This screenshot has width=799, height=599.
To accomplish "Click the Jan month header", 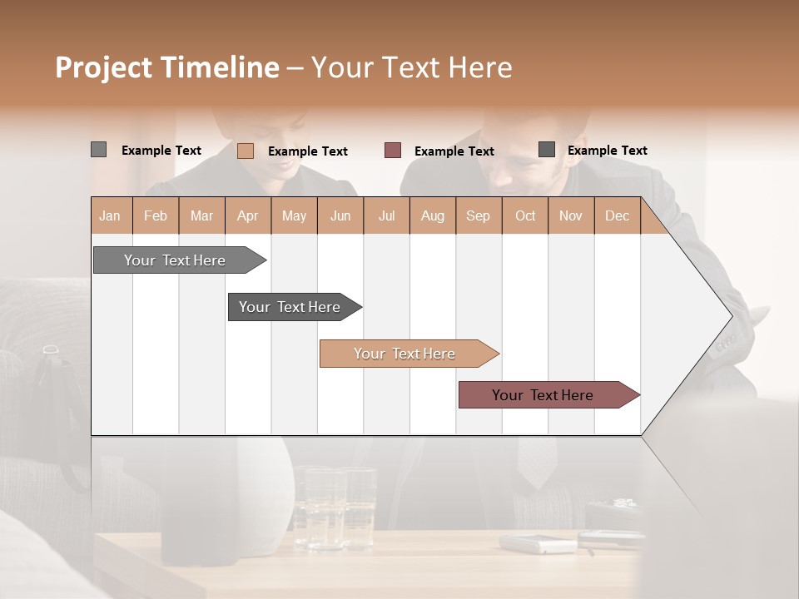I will (x=111, y=215).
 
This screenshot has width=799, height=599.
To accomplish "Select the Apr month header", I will (x=248, y=215).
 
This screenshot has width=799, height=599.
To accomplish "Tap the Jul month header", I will (x=387, y=215).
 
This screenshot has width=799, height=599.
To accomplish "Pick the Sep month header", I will (x=479, y=215).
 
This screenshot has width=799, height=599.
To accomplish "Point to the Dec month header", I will (x=617, y=215).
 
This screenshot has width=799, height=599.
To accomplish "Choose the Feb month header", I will (x=156, y=215).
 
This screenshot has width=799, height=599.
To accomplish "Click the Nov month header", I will (x=571, y=215).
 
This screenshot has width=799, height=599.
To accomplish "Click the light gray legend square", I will (x=99, y=150).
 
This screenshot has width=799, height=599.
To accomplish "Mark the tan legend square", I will (x=246, y=151).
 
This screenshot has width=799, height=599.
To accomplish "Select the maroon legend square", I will (x=393, y=151).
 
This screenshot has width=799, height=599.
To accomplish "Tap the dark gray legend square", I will (x=547, y=150).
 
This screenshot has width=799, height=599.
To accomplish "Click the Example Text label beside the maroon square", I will (x=454, y=151).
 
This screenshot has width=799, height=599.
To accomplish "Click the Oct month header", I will (x=525, y=215).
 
